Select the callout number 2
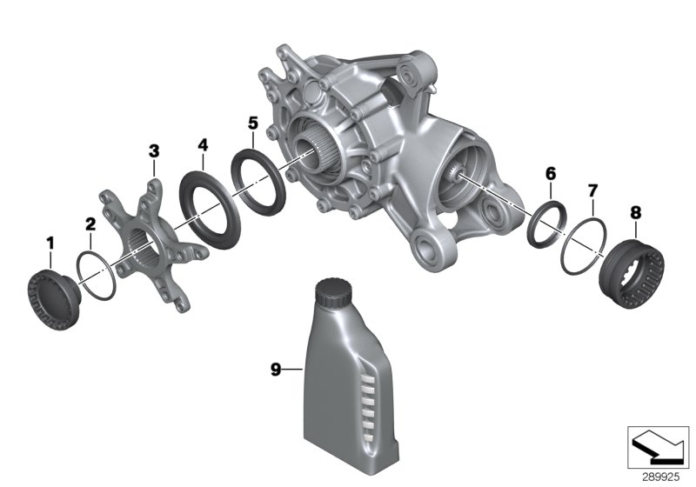point(90,224)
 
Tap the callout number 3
point(154,151)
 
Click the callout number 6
point(550,174)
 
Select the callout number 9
point(276,370)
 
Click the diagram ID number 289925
point(659,477)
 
